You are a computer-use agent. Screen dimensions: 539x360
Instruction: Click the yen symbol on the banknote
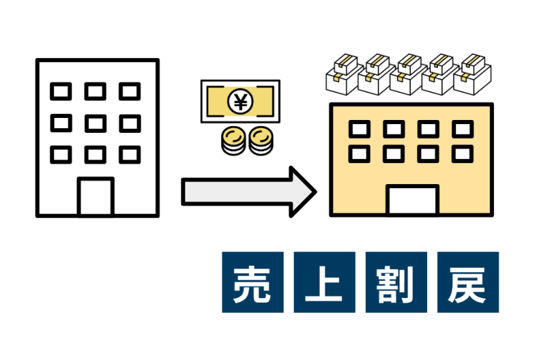coord(241,101)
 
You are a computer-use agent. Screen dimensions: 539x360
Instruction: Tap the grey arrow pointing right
coord(249,192)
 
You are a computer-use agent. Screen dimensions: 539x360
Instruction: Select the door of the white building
coord(96,197)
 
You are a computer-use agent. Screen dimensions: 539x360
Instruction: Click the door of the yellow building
coord(412,200)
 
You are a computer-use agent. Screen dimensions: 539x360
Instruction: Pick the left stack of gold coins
coord(233,141)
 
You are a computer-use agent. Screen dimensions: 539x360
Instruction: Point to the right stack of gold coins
coord(261,141)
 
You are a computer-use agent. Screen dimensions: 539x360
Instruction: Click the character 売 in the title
coord(253,284)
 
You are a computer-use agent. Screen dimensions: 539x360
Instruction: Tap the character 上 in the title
coord(324,284)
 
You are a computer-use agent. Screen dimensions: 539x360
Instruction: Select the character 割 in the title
coord(396,284)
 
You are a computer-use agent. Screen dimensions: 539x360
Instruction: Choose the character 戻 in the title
coord(468,284)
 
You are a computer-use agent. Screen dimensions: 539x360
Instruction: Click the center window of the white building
coord(96,123)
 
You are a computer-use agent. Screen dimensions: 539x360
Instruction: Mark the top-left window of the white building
coord(61,92)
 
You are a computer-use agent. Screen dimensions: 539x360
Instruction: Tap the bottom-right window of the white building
coord(130,155)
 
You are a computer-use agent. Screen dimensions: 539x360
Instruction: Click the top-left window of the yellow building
coord(360,129)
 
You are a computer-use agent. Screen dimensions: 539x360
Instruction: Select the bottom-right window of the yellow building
coord(463,154)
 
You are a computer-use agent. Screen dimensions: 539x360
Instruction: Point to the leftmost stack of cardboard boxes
coord(344,74)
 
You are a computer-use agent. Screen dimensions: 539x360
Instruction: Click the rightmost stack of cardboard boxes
coord(473,74)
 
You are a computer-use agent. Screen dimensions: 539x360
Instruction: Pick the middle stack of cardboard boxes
coord(409,74)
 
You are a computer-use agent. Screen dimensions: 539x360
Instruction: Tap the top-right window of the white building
coord(130,92)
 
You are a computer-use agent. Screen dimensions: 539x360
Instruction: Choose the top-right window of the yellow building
coord(463,129)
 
